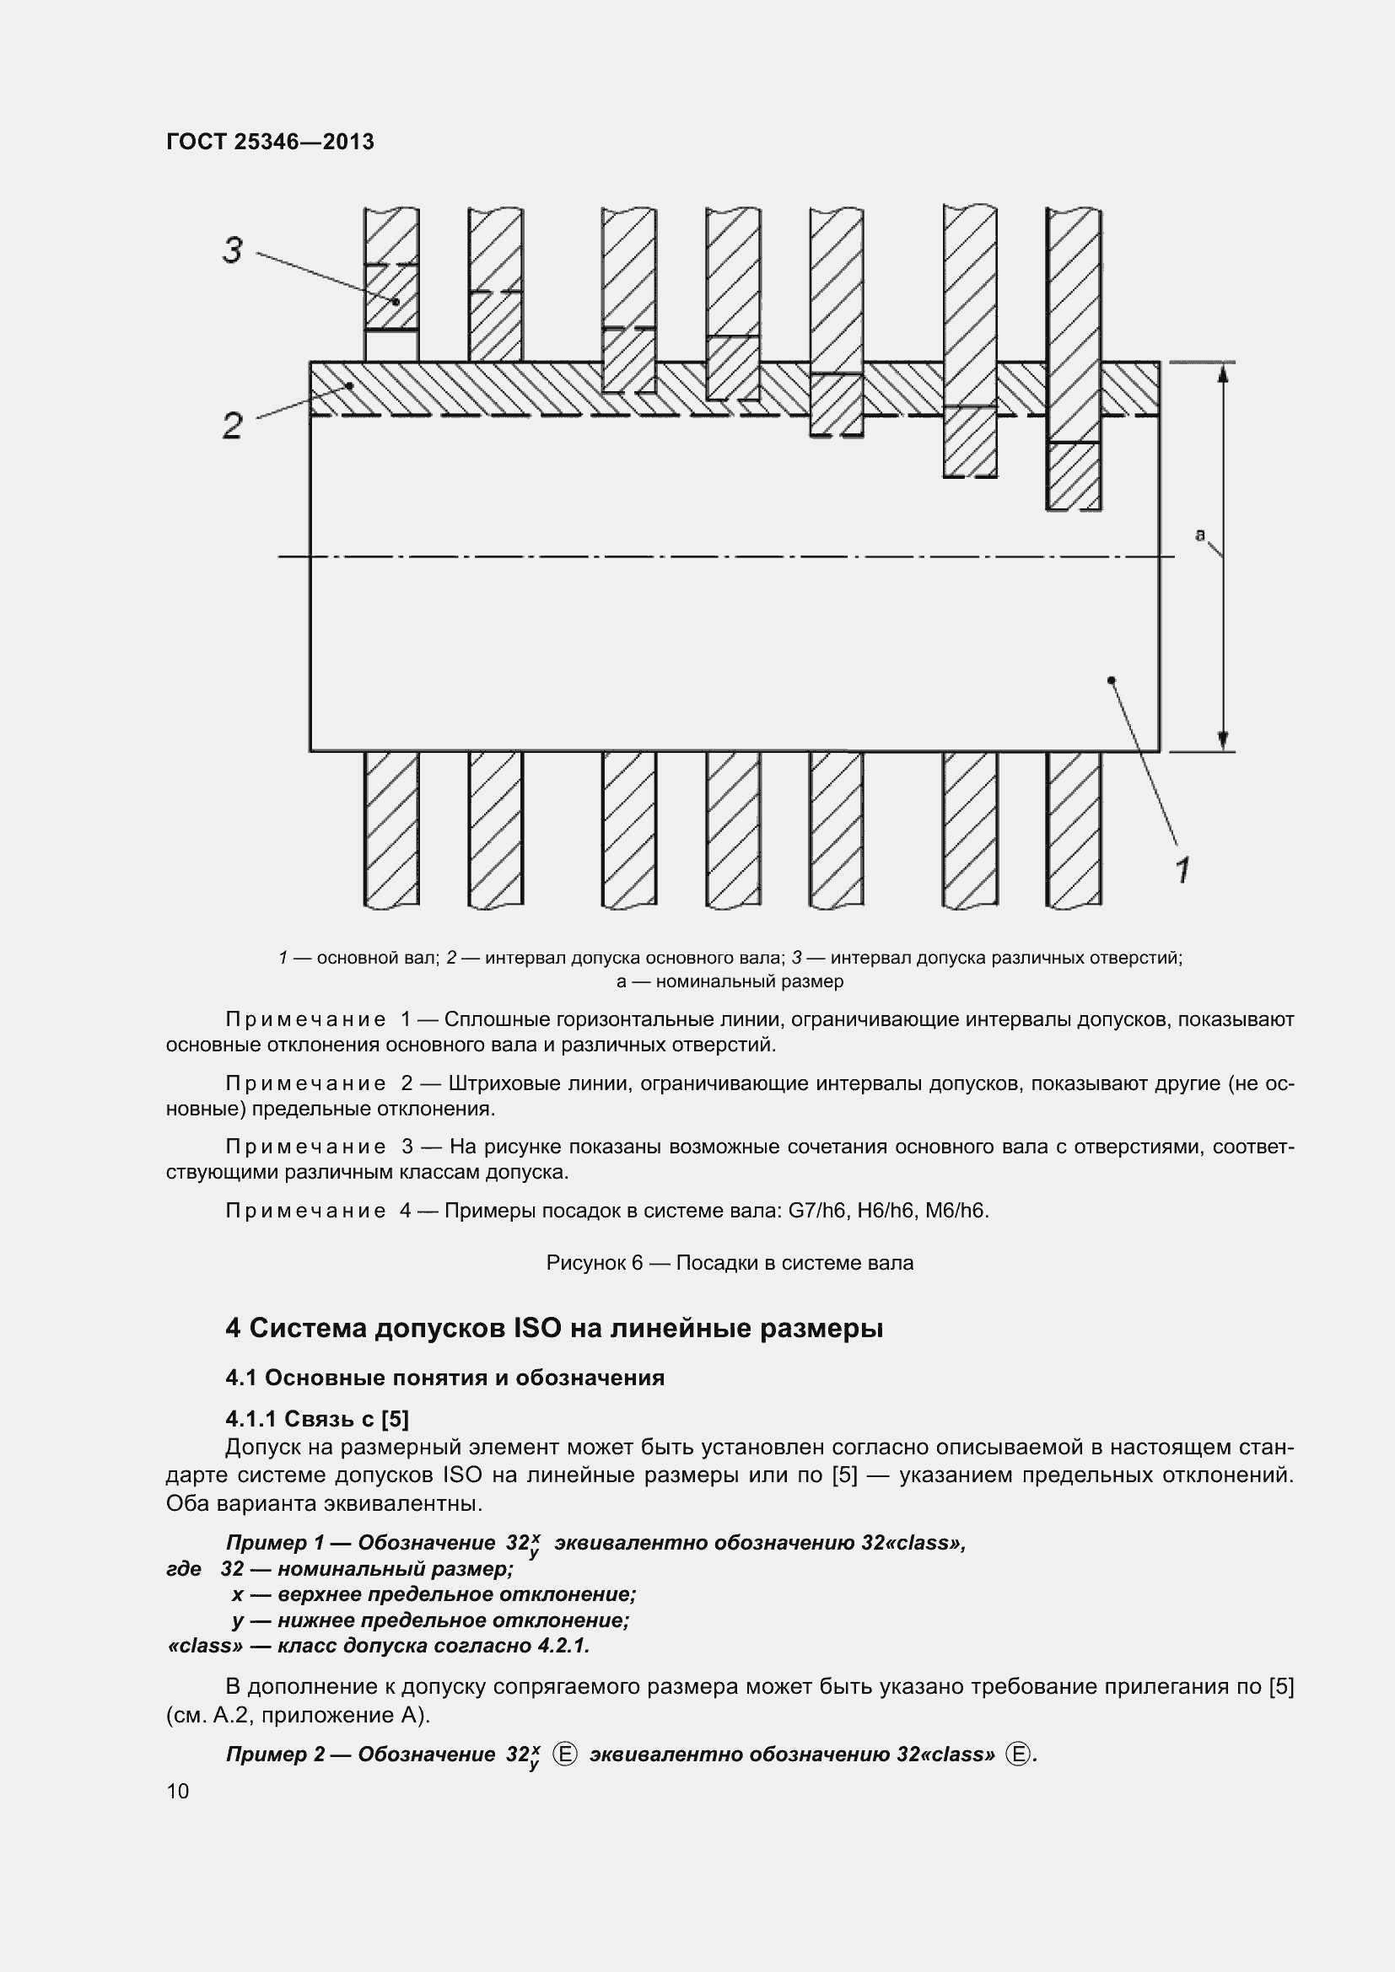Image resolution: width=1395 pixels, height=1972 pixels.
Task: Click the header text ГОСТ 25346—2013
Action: [270, 142]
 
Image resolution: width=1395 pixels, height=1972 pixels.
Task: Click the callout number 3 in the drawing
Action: [233, 250]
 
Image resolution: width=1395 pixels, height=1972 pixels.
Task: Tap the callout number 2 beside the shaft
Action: [233, 425]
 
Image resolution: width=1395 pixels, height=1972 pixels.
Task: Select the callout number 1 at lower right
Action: [1182, 870]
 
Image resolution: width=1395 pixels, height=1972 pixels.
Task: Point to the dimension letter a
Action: [1200, 535]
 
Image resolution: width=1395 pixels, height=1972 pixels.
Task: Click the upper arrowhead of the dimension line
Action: [1223, 372]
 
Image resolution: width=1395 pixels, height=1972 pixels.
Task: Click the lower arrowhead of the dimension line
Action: [1223, 741]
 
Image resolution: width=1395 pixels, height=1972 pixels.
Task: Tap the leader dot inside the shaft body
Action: [1112, 680]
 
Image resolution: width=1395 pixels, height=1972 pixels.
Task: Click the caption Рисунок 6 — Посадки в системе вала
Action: [730, 1263]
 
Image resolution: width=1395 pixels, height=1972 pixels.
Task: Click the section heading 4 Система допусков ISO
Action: [554, 1328]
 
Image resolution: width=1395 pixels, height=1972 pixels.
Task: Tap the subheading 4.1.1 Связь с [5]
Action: [317, 1418]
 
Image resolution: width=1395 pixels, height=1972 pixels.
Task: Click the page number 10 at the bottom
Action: [178, 1791]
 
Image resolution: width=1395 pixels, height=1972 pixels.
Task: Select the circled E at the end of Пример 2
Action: [1018, 1754]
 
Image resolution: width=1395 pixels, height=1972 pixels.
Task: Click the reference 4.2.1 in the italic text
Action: [562, 1646]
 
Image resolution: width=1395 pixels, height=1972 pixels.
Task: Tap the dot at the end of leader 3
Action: [396, 302]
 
